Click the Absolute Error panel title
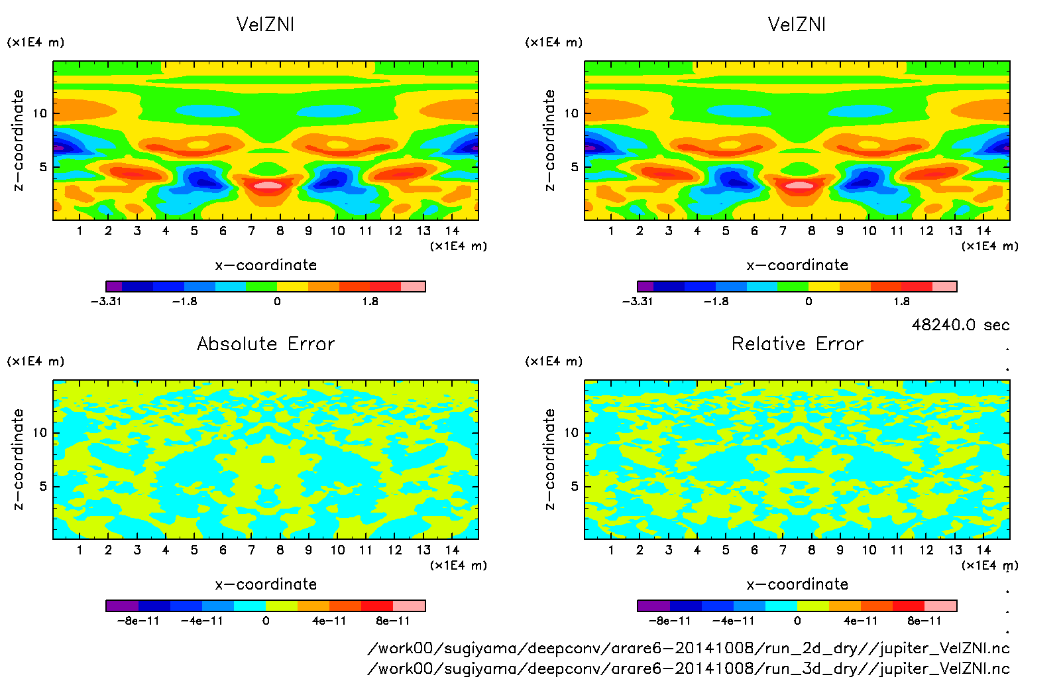point(266,344)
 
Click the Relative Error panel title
point(797,344)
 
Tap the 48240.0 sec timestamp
point(960,325)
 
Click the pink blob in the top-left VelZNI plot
point(267,186)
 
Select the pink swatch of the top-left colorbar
point(413,286)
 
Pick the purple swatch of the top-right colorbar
point(645,286)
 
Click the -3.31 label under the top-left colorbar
point(106,302)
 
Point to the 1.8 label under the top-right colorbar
point(901,302)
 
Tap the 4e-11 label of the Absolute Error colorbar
point(329,621)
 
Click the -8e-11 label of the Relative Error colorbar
point(669,621)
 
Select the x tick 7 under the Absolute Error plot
point(251,550)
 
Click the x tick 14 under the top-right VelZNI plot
point(983,231)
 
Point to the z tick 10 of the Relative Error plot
point(571,433)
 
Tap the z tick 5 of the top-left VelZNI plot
point(44,167)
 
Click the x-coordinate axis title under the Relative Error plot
point(797,584)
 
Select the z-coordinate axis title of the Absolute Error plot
point(19,459)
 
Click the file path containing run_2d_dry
point(689,649)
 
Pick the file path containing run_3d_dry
point(689,668)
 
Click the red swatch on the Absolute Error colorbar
point(377,605)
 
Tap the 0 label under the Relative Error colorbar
point(797,621)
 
